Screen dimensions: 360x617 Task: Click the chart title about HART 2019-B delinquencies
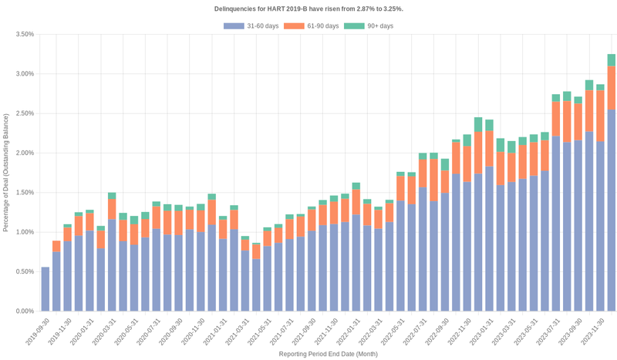308,8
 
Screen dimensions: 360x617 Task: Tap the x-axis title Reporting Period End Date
328,354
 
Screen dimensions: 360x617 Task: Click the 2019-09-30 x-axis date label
35,330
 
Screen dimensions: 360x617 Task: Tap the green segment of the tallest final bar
611,59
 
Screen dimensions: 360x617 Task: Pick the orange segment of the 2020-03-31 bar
112,209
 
